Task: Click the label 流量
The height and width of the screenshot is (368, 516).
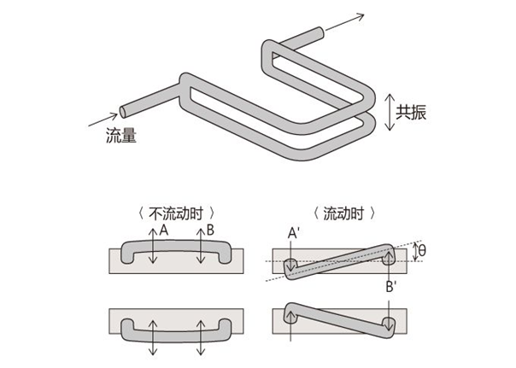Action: click(x=121, y=135)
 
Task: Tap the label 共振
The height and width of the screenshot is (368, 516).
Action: click(x=411, y=113)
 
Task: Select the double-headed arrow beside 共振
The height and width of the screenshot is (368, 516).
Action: click(x=390, y=112)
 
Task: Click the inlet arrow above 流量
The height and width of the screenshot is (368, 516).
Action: click(x=103, y=120)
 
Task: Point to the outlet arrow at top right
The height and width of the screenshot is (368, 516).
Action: click(x=345, y=21)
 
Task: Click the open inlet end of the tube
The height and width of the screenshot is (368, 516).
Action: click(x=123, y=112)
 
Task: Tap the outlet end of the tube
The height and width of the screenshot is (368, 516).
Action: click(x=320, y=32)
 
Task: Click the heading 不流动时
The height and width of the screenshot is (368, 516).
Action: click(x=176, y=214)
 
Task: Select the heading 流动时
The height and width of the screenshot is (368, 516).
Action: click(x=343, y=213)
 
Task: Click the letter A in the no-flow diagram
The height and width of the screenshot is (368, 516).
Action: click(x=163, y=231)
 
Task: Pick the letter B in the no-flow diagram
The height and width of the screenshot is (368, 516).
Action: click(x=210, y=231)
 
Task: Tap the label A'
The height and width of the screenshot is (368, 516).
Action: click(x=293, y=233)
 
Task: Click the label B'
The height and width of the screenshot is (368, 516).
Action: click(x=391, y=287)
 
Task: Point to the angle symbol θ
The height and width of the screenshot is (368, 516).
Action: click(x=422, y=250)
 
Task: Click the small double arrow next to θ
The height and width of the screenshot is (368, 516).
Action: click(x=416, y=252)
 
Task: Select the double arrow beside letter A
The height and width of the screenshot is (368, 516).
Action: click(x=152, y=246)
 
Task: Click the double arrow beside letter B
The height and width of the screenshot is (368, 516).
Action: click(x=201, y=246)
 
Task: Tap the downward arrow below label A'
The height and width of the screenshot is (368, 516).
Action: click(x=290, y=256)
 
